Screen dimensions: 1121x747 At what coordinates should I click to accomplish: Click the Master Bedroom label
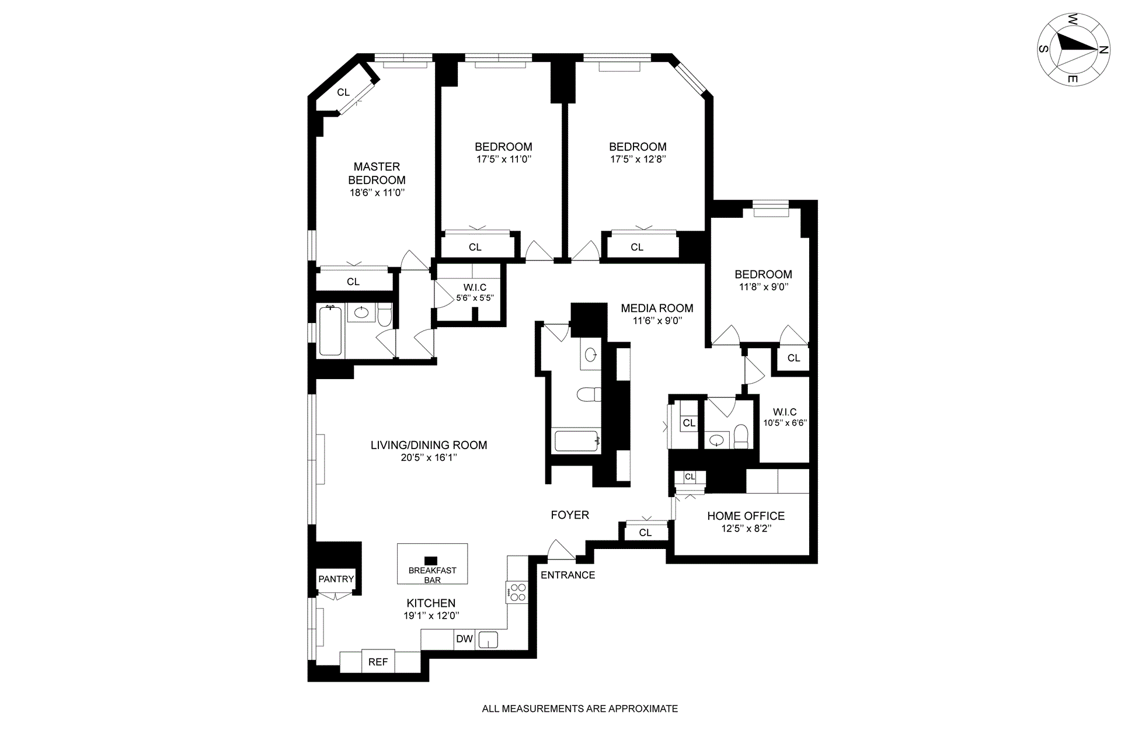377,173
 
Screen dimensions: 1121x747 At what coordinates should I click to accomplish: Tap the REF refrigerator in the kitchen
378,661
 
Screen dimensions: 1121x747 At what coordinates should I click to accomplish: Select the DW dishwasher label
464,639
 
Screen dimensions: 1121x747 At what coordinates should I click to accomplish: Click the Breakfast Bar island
432,564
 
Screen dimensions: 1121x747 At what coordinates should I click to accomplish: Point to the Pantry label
336,579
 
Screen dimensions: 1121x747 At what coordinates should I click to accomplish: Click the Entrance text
568,575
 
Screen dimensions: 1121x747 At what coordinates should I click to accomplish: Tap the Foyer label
570,515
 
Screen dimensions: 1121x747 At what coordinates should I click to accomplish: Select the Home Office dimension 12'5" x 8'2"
746,529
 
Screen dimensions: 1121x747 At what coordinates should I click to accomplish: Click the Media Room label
657,308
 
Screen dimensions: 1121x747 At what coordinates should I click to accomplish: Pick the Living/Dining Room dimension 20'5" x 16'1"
429,458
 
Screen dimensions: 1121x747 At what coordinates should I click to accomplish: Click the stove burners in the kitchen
517,592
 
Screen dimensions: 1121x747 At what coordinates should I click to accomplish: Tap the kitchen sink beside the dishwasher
488,640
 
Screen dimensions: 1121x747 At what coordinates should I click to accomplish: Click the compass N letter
1103,50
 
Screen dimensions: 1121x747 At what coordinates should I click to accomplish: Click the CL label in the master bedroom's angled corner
343,92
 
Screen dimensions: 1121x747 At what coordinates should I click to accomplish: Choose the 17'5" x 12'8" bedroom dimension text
638,159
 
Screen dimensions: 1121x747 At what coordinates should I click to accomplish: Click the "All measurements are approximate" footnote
580,709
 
